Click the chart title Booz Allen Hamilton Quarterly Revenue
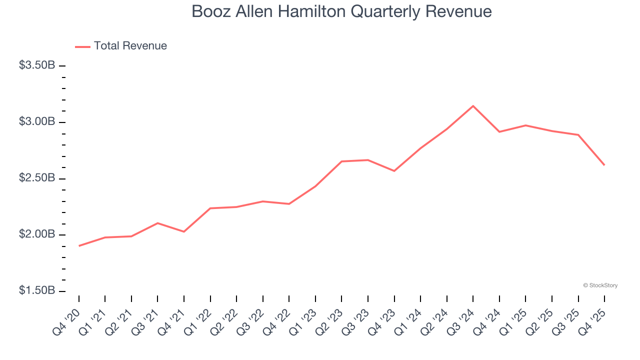[341, 12]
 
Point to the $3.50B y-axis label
[37, 65]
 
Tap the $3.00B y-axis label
[37, 122]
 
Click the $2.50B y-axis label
[37, 178]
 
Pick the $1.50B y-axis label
[37, 291]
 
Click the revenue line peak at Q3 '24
[473, 106]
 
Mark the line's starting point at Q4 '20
[79, 246]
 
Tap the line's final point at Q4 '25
[604, 165]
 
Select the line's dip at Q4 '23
[394, 171]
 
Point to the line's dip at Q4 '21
[184, 231]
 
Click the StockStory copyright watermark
[600, 285]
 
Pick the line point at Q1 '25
[525, 125]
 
